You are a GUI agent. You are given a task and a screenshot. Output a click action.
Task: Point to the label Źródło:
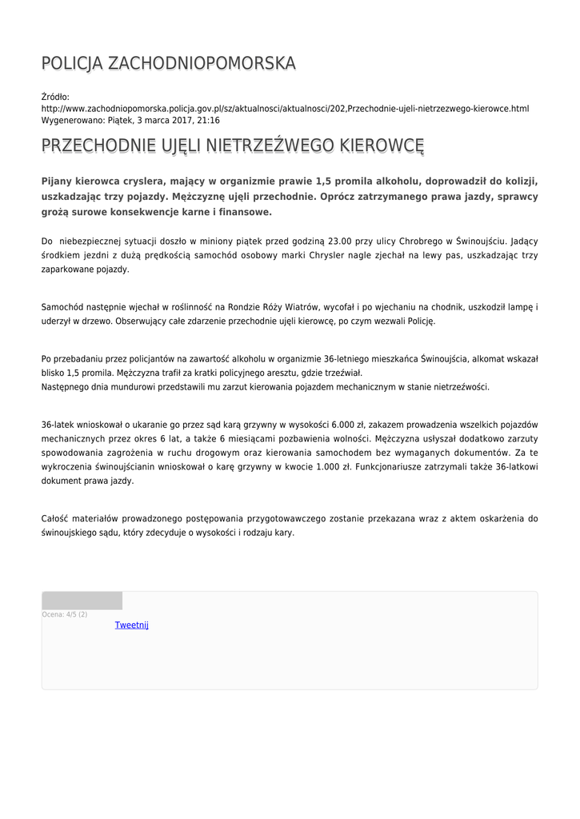click(56, 97)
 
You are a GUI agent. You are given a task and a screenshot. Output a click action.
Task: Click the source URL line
click(285, 108)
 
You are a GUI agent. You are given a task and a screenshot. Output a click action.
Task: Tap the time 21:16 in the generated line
click(210, 120)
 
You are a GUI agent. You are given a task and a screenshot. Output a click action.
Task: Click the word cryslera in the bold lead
click(136, 181)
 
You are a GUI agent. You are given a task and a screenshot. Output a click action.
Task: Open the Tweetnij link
click(132, 625)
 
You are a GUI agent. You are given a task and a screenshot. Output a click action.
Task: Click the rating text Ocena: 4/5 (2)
click(65, 614)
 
